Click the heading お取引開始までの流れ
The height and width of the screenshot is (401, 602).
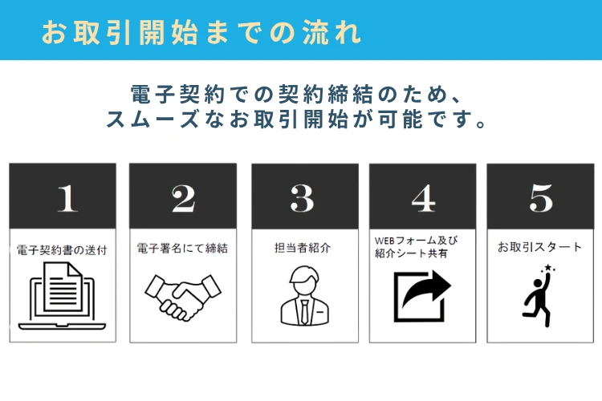[x=201, y=32]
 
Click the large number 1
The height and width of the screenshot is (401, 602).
[x=67, y=198]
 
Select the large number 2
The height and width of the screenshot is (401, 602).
[x=183, y=198]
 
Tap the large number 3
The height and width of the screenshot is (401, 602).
[x=302, y=198]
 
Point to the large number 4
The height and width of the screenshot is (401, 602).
[x=423, y=198]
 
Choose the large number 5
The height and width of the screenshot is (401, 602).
[x=541, y=198]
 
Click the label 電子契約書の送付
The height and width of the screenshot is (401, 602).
[x=62, y=250]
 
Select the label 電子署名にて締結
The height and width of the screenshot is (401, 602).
[x=182, y=249]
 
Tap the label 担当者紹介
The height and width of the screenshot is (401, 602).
[x=303, y=248]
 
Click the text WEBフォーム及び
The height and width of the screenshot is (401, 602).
[x=416, y=241]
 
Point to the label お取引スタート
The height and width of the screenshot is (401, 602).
[x=539, y=247]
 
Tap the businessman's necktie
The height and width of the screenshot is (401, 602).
[x=304, y=311]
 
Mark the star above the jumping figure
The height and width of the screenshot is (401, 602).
[x=547, y=267]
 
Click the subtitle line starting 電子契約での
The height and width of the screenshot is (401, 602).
[x=296, y=94]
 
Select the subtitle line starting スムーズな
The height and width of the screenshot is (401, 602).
[x=296, y=119]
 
